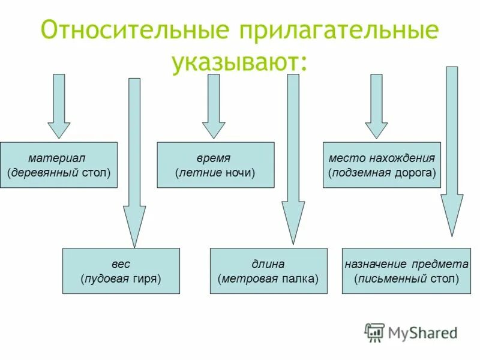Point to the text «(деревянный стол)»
tap(59, 173)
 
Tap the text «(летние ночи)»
tap(215, 173)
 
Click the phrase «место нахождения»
tap(382, 158)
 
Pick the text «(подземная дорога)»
tap(382, 173)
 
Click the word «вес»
tap(121, 264)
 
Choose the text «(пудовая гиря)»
tap(121, 278)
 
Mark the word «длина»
tap(268, 264)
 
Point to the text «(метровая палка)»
tap(268, 278)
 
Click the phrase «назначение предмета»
tap(406, 264)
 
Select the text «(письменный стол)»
tap(406, 278)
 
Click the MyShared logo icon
tap(374, 332)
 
